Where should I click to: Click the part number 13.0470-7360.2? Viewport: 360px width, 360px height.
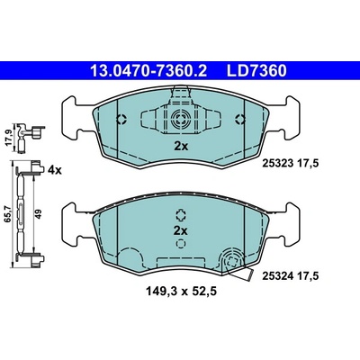(148, 71)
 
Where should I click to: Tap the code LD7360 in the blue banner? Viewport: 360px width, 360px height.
(256, 71)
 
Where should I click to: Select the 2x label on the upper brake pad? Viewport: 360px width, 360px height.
(181, 147)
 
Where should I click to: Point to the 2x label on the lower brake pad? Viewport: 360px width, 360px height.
(181, 231)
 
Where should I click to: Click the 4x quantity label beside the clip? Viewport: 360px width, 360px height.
(55, 170)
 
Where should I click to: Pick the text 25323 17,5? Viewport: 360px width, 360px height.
(290, 164)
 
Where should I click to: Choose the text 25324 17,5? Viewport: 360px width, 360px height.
(290, 275)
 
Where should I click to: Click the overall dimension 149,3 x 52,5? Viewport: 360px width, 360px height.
(181, 291)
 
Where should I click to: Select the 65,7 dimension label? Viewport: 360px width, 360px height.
(9, 214)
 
